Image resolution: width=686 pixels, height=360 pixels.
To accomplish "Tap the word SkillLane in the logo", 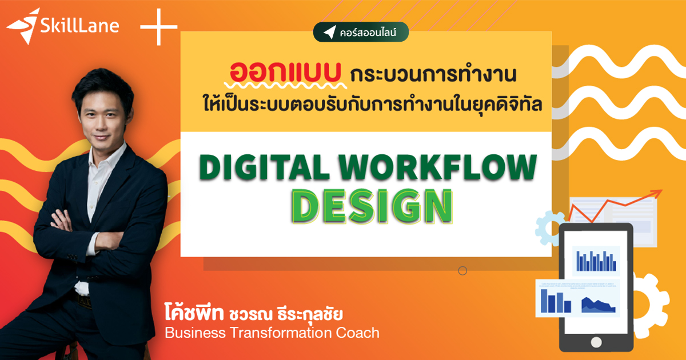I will coord(79,26).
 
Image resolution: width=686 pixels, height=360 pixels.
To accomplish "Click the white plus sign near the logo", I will coord(158,26).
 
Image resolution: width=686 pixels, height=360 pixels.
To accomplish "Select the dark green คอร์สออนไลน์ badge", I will coord(361,33).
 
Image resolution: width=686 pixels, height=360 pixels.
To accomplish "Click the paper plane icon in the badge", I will coord(329,33).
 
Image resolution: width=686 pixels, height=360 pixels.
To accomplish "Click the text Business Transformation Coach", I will coord(272,333).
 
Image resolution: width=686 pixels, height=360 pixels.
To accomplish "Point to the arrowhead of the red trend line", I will coord(657,193).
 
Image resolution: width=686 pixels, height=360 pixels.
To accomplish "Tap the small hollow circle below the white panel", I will coord(462,271).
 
